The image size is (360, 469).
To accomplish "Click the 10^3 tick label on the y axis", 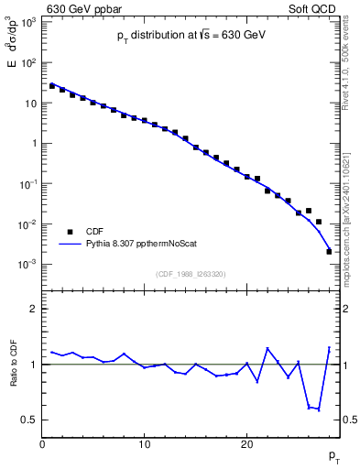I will point(27,22).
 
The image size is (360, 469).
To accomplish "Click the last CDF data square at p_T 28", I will point(329,251).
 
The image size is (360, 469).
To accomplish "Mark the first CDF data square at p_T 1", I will point(52,86).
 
